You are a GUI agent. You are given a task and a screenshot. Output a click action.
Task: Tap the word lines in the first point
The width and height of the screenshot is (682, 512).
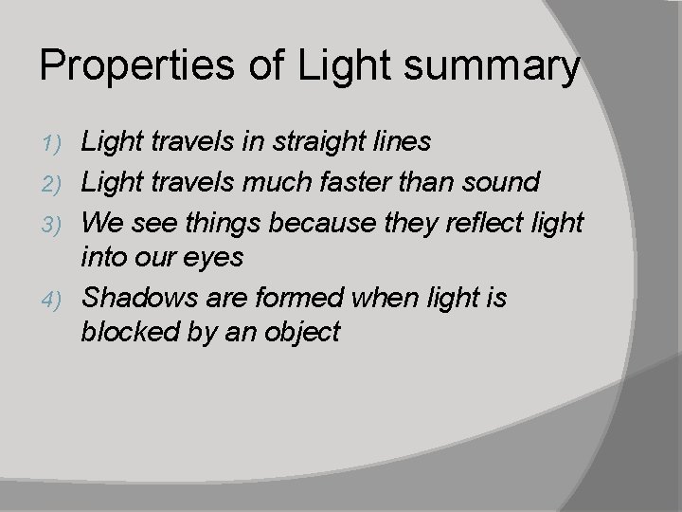coord(403,142)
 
